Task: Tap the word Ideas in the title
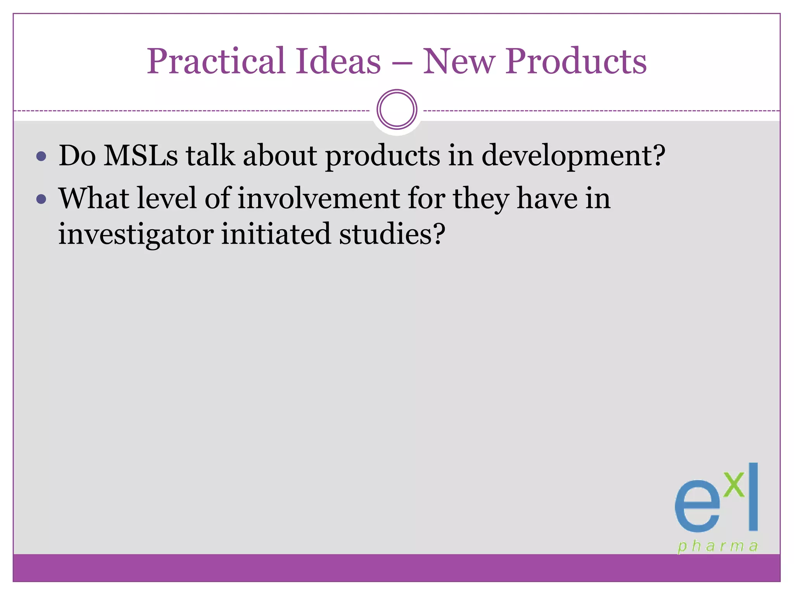pos(338,62)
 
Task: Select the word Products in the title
pos(576,62)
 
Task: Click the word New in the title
pos(459,62)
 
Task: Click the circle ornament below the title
pos(397,110)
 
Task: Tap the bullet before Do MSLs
pos(41,157)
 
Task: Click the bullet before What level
pos(41,199)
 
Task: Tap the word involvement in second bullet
pos(319,199)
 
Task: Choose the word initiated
pos(276,234)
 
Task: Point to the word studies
pos(392,234)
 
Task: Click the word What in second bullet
pos(93,199)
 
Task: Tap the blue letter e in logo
pos(697,508)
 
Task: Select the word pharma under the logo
pos(718,547)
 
